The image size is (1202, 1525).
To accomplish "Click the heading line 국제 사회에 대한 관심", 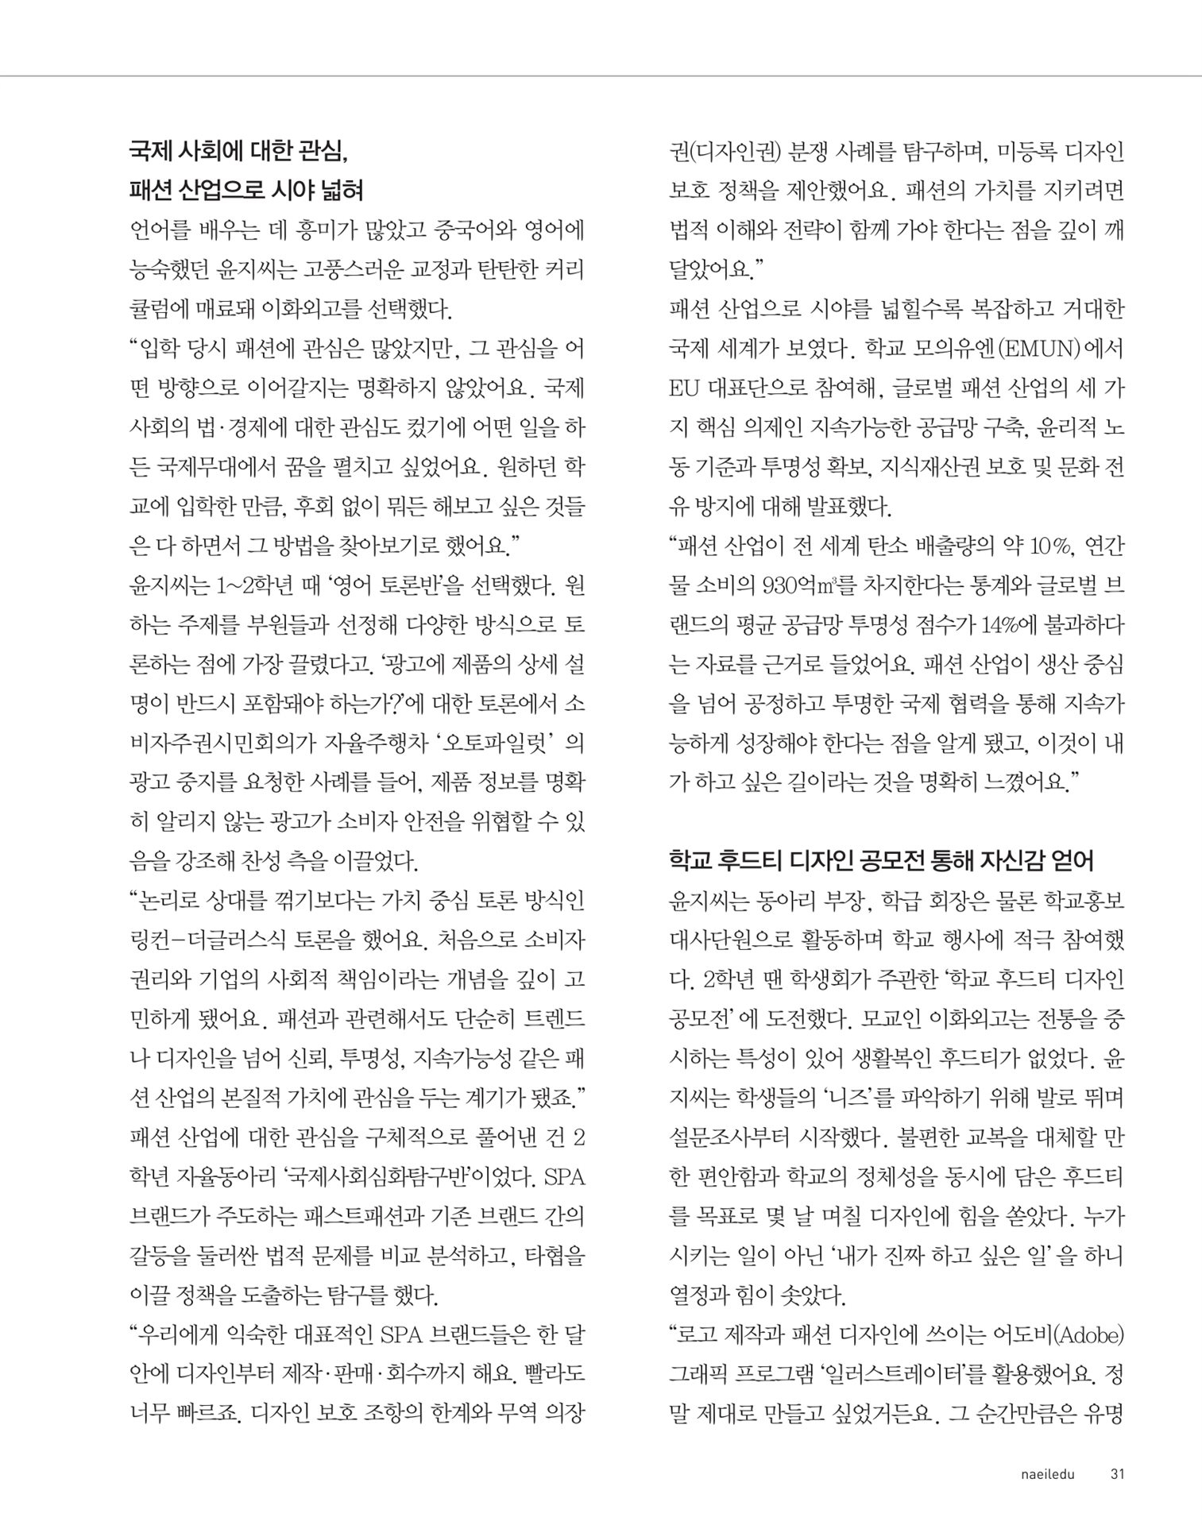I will coord(238,150).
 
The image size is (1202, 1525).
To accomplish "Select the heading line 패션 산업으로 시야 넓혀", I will coord(246,190).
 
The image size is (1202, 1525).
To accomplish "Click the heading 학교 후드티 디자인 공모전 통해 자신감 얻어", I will coord(881,860).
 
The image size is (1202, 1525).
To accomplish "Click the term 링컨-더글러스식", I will coord(206,940).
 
